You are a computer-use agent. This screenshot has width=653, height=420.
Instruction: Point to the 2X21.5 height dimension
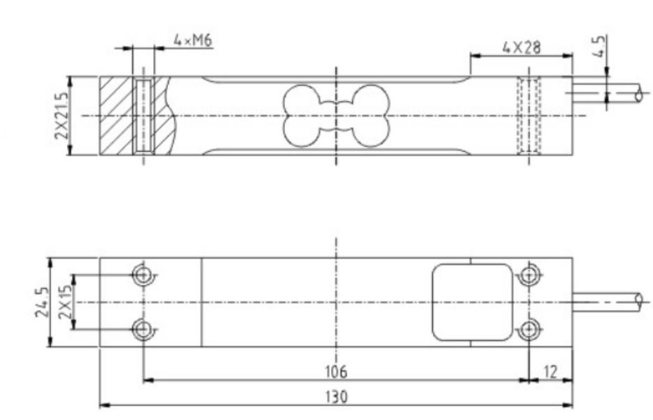pyautogui.click(x=62, y=115)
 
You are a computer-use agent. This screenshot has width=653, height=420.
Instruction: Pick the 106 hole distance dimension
pyautogui.click(x=335, y=371)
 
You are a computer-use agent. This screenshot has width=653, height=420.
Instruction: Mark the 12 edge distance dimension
pyautogui.click(x=551, y=371)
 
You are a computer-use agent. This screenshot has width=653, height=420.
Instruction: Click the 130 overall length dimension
pyautogui.click(x=335, y=396)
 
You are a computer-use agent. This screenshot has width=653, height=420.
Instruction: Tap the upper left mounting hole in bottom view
pyautogui.click(x=144, y=275)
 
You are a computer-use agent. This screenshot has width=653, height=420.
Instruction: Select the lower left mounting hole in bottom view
pyautogui.click(x=144, y=329)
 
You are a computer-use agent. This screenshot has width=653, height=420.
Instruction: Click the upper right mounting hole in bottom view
pyautogui.click(x=529, y=275)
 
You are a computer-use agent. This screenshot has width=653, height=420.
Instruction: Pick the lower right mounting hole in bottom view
pyautogui.click(x=529, y=329)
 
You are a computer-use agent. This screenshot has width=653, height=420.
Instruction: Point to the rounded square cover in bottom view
pyautogui.click(x=472, y=302)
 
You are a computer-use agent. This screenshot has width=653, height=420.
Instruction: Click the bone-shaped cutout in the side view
pyautogui.click(x=336, y=116)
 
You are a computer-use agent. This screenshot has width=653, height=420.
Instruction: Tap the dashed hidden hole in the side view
pyautogui.click(x=529, y=116)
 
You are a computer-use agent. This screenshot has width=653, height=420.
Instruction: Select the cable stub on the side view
pyautogui.click(x=606, y=93)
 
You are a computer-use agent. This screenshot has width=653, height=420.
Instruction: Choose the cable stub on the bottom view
pyautogui.click(x=606, y=302)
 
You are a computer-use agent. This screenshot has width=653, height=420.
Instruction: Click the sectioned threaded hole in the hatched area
pyautogui.click(x=144, y=116)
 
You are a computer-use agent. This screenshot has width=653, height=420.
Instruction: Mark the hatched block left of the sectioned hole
pyautogui.click(x=116, y=116)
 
